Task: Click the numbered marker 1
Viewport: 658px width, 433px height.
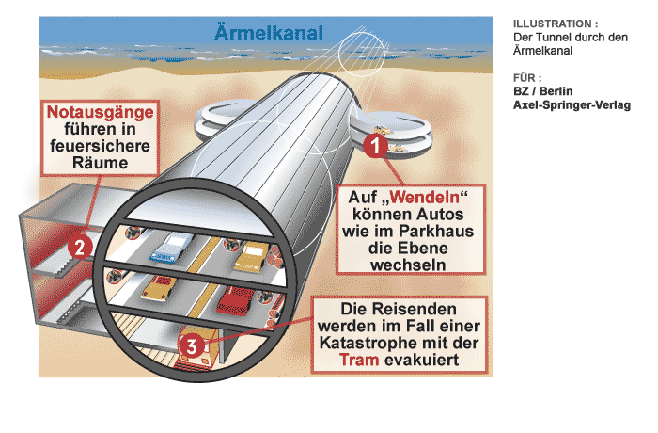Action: [x=374, y=146]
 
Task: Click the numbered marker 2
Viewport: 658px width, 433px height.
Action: [x=80, y=249]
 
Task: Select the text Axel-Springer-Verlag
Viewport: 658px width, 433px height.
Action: [x=571, y=105]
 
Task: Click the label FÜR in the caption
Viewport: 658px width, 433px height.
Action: [x=527, y=77]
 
